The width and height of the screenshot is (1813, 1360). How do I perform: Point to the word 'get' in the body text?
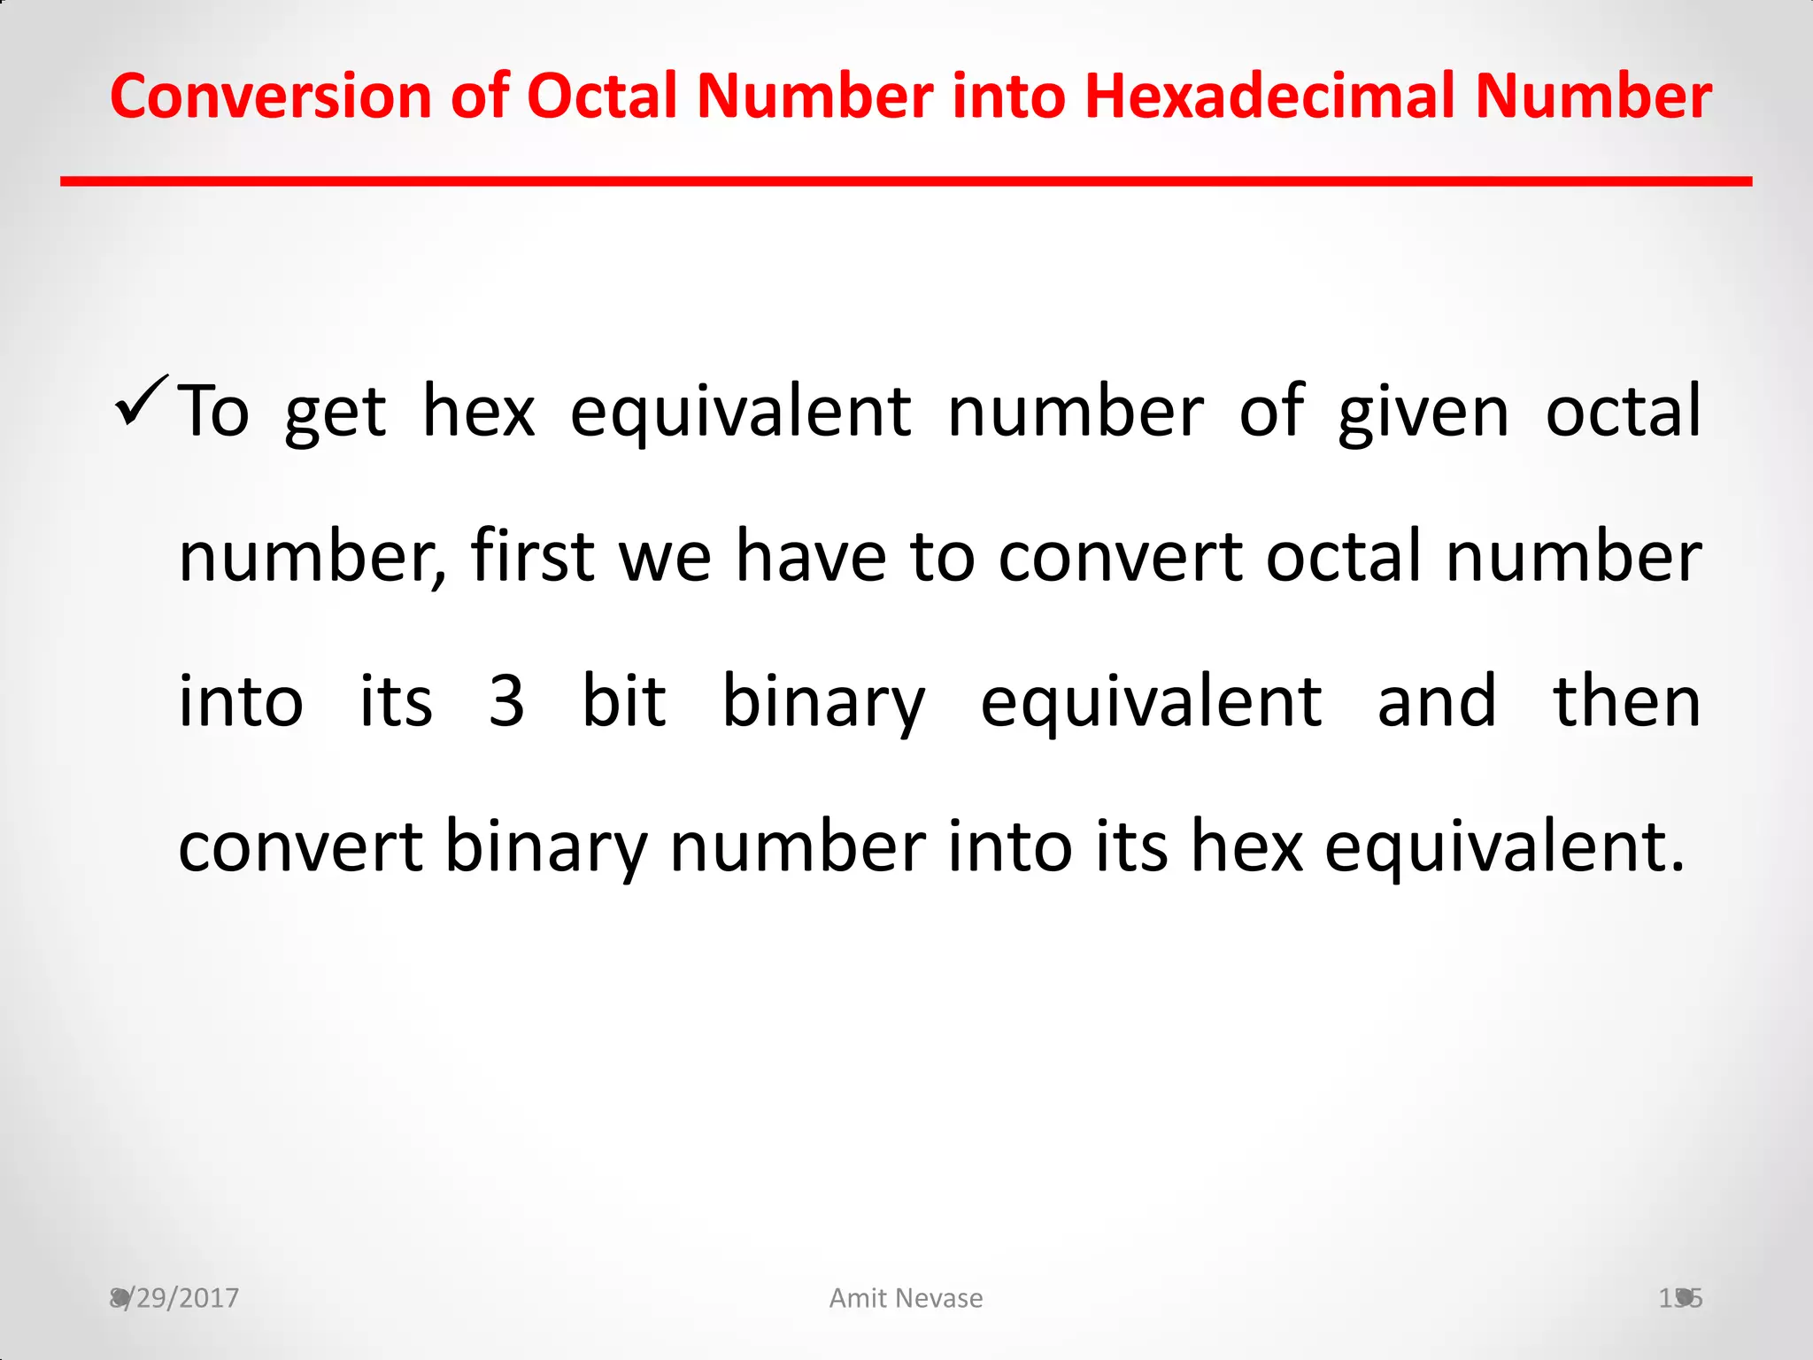click(x=335, y=413)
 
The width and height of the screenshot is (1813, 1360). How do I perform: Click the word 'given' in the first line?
click(x=1423, y=413)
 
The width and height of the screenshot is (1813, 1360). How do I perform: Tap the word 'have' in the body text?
click(x=811, y=556)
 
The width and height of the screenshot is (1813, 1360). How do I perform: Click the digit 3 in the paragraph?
click(x=506, y=701)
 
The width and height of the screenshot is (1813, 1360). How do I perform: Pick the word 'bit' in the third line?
click(x=623, y=701)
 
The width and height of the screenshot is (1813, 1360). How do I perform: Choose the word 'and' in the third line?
click(x=1437, y=701)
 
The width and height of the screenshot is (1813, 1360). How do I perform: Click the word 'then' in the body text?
click(x=1626, y=701)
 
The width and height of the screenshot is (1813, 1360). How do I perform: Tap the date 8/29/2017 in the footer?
click(x=174, y=1298)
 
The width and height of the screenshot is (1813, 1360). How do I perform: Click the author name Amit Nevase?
click(x=906, y=1298)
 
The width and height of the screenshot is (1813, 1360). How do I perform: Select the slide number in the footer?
click(x=1680, y=1298)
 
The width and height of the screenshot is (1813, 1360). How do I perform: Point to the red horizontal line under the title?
click(x=906, y=182)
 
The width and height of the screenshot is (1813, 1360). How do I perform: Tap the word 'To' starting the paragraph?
click(x=213, y=413)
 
